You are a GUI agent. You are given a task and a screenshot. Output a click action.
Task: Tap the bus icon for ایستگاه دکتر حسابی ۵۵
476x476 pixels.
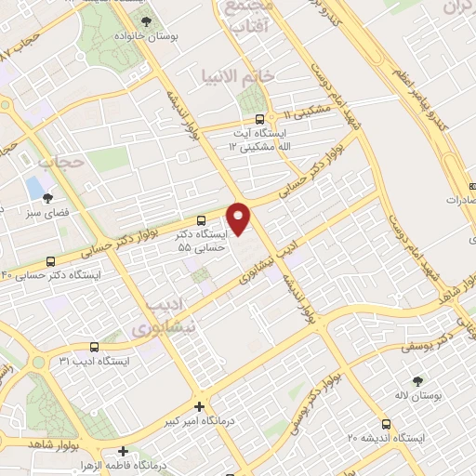pyautogui.click(x=203, y=219)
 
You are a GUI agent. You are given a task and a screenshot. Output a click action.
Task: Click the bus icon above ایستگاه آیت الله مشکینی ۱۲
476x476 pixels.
pyautogui.click(x=259, y=119)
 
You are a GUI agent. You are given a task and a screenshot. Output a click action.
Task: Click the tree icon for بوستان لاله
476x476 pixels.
pyautogui.click(x=417, y=381)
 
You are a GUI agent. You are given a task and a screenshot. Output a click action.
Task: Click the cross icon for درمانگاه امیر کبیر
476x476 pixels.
pyautogui.click(x=199, y=406)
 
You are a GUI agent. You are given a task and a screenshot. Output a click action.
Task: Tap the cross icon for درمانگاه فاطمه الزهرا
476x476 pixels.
pyautogui.click(x=122, y=450)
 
